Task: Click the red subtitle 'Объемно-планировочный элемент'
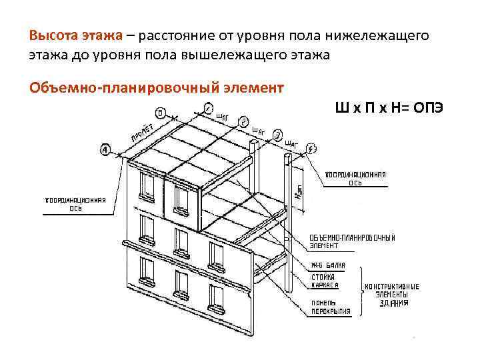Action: click(x=157, y=87)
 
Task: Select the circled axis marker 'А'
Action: click(x=107, y=151)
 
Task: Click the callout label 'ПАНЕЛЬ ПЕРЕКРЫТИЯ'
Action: click(x=329, y=305)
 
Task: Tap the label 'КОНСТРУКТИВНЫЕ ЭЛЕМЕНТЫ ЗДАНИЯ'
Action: click(x=391, y=294)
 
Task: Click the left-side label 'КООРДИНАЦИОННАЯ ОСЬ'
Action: click(x=75, y=203)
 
